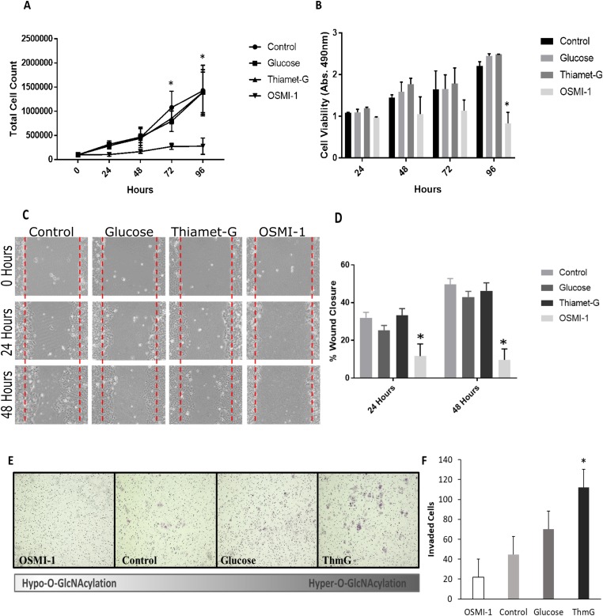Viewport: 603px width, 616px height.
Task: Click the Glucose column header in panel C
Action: coord(126,210)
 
